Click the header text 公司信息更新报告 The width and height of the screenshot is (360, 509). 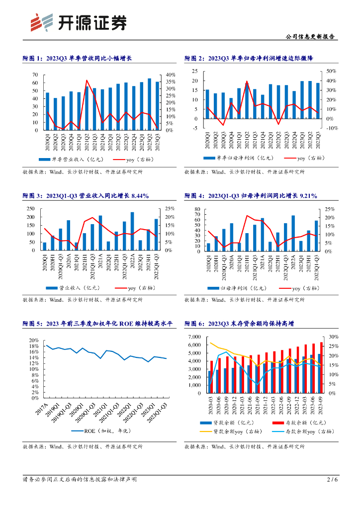click(311, 37)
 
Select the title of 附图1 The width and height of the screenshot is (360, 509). click(77, 58)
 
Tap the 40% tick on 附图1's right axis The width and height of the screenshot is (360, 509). click(170, 75)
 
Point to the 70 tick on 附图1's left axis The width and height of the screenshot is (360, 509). click(35, 75)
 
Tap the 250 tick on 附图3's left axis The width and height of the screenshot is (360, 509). click(31, 209)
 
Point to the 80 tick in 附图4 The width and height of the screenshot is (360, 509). click(197, 209)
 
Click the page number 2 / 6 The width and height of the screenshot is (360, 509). click(332, 480)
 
